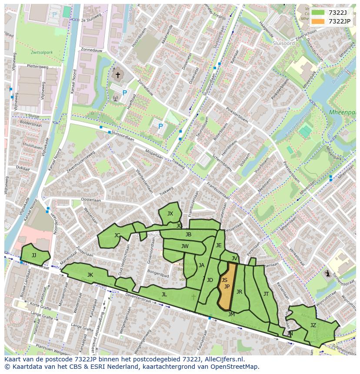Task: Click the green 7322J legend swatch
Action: tap(318, 13)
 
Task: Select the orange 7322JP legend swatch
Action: tap(318, 21)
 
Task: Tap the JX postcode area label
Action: tap(170, 213)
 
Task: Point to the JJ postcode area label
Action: tap(33, 255)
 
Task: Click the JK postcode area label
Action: tap(90, 275)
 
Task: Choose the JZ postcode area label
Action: tap(313, 325)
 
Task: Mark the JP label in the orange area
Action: tap(227, 287)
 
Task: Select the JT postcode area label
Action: tap(266, 294)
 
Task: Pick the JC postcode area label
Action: tap(117, 235)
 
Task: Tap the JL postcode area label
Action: tap(164, 294)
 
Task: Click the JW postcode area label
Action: tap(185, 246)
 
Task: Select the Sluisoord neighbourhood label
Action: tap(283, 43)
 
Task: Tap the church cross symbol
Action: tap(117, 75)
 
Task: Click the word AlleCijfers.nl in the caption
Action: tap(223, 359)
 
